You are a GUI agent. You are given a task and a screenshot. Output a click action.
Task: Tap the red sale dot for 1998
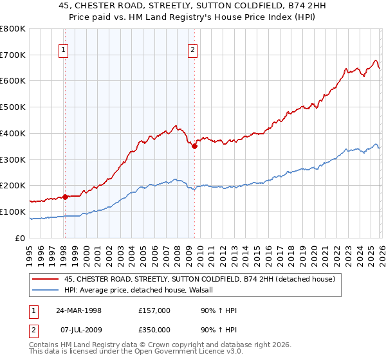coord(65,197)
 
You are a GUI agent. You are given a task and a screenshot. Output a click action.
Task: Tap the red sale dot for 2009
coord(194,146)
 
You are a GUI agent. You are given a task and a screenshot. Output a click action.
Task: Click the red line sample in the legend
coord(46,280)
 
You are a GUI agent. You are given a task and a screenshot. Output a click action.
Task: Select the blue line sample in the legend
coord(46,290)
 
